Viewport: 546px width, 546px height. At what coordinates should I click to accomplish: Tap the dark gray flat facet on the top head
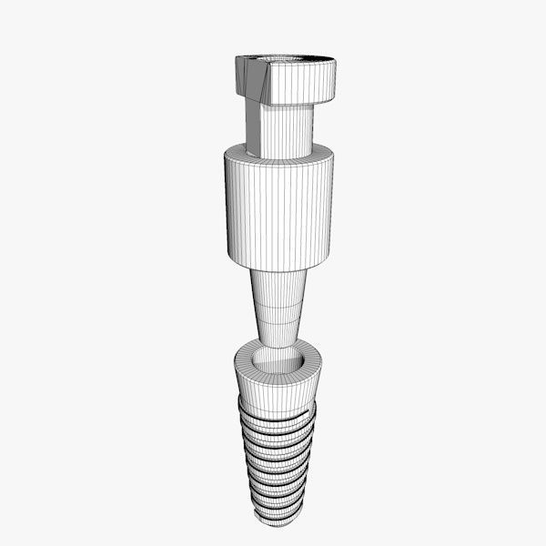248,76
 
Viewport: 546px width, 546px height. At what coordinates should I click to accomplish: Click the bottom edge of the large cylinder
278,269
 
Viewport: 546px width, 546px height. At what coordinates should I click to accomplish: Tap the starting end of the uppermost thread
240,400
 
